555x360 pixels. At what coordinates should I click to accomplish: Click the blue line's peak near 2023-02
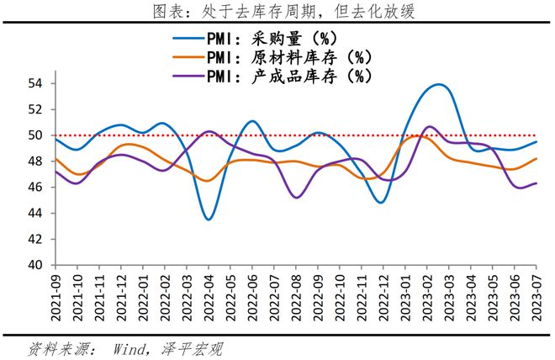click(x=439, y=84)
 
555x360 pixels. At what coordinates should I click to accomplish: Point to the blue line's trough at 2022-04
click(x=209, y=220)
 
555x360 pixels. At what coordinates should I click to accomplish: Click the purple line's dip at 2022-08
click(x=296, y=198)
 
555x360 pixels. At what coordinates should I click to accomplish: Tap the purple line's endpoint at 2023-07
click(x=536, y=183)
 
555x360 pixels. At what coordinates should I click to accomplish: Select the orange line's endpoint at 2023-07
click(x=536, y=159)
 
